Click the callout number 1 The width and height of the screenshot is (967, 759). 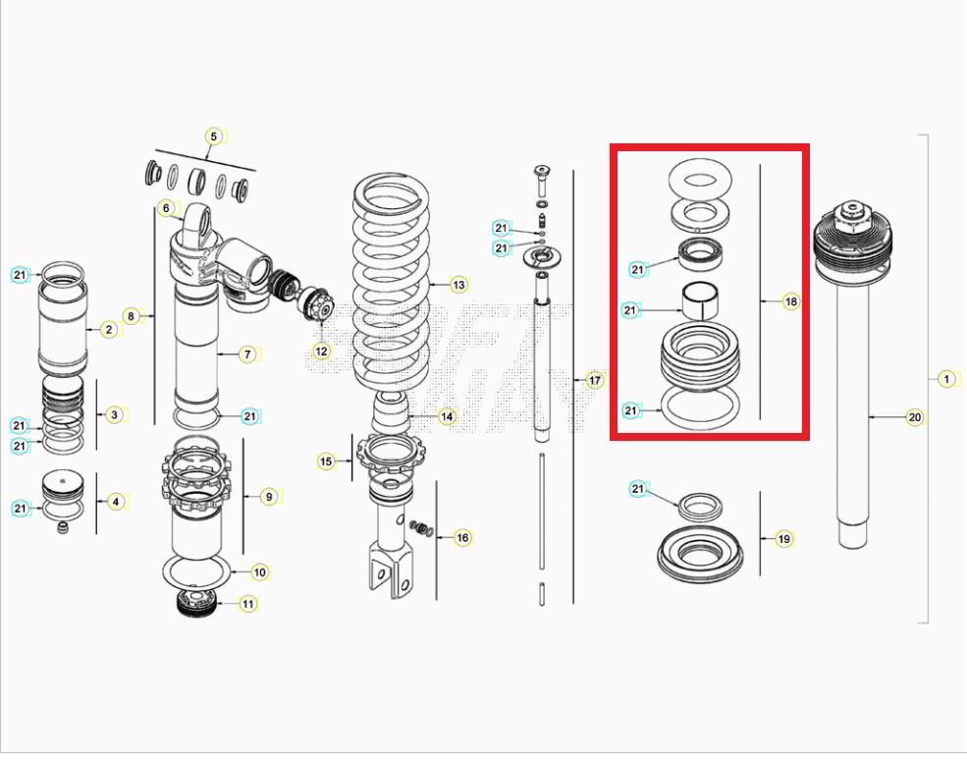pos(945,379)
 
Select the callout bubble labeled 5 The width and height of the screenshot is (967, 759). pos(214,136)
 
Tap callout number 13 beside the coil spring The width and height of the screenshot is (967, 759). pos(458,285)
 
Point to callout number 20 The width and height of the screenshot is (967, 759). pos(914,417)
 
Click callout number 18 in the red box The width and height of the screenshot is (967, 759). pos(790,301)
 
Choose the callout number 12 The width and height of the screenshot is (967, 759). pos(321,351)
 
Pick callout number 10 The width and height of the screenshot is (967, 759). pos(259,571)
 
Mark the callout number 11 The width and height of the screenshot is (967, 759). pos(247,604)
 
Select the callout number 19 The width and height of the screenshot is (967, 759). pos(783,539)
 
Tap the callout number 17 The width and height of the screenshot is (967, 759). pos(594,380)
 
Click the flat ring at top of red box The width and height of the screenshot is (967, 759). pos(703,181)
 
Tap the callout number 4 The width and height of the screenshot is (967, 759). pos(115,502)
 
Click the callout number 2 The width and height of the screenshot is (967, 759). pos(108,329)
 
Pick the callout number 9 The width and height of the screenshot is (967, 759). pos(268,497)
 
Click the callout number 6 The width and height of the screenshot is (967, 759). pos(166,208)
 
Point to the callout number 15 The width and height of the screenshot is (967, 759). pos(326,461)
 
